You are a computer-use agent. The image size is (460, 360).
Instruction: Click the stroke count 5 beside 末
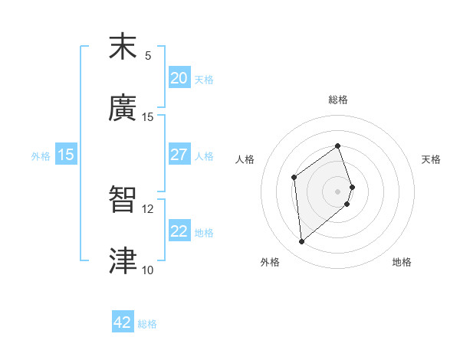coord(148,56)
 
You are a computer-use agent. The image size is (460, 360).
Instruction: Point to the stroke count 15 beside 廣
coord(148,117)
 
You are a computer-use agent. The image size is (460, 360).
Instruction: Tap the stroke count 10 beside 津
coord(148,270)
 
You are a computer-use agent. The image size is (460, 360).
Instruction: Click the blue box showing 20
coord(179,78)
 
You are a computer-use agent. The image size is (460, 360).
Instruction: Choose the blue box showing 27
coord(179,155)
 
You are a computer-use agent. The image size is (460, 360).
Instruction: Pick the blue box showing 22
coord(179,231)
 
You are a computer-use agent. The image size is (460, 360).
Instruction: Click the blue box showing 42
coord(123,322)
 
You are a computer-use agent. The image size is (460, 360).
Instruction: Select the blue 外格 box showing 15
coord(66,155)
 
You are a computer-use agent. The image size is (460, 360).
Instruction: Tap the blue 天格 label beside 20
coord(204,79)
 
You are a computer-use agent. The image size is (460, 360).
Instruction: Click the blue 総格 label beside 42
coord(147,324)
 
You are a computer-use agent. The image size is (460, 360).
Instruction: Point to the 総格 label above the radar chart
coord(338,100)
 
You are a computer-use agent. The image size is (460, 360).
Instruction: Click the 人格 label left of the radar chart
coord(245,159)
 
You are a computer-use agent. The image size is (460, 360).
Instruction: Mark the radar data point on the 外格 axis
coord(302,242)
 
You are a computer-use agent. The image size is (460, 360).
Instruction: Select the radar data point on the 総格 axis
coord(338,146)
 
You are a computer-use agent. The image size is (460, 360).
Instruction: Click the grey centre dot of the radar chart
coord(338,191)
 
